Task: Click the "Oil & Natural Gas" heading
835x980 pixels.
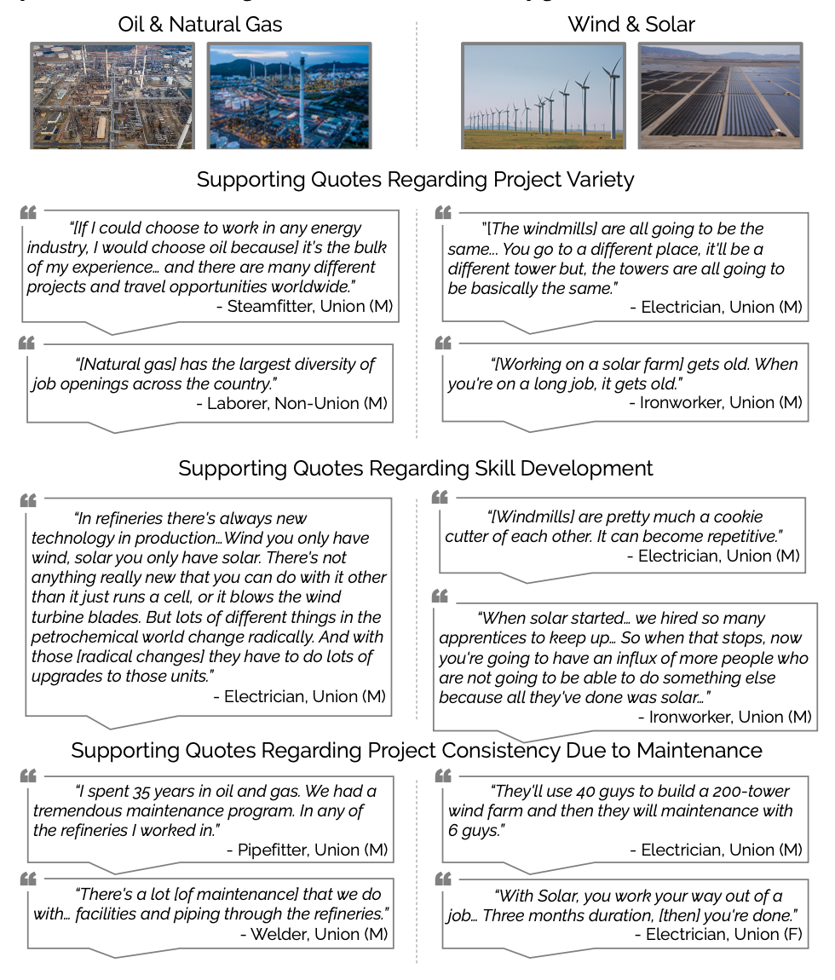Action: coord(199,24)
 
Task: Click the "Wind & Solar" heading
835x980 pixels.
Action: coord(631,24)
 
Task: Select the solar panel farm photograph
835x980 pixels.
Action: coord(720,96)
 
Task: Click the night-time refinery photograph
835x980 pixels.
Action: coord(289,96)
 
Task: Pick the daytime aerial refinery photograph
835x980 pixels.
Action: coord(112,96)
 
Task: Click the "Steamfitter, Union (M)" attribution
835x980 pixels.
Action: coord(304,306)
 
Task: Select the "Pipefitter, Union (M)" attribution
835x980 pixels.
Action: coord(307,850)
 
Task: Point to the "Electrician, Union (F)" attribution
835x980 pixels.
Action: coord(718,935)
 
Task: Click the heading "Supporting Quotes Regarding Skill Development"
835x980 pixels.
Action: coord(416,469)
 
